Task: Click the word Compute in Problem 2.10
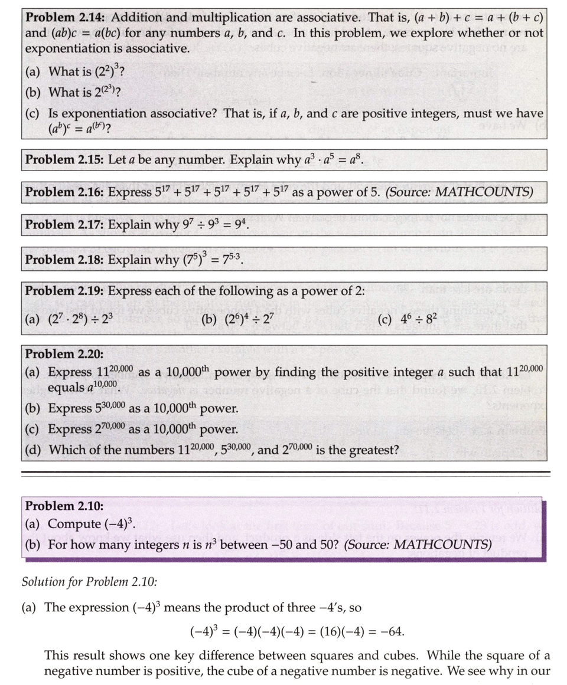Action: [74, 525]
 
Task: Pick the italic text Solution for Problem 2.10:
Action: [89, 582]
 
